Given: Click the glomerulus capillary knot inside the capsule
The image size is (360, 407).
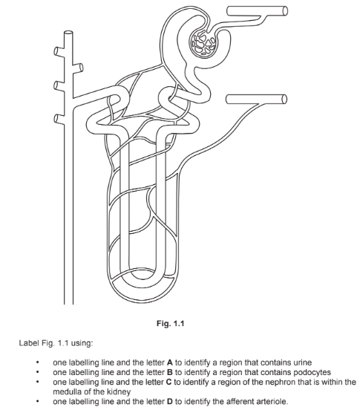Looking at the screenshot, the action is [x=203, y=44].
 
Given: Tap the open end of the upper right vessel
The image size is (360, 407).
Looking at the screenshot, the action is [x=285, y=11].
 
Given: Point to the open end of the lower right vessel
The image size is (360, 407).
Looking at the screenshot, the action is [x=284, y=100].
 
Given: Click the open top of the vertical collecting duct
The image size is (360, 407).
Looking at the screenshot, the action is [x=68, y=33].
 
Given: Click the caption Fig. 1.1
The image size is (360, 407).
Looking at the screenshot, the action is [x=171, y=323].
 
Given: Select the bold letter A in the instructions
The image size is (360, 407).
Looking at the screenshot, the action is [x=170, y=362].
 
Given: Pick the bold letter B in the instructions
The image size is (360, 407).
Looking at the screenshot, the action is [x=170, y=372].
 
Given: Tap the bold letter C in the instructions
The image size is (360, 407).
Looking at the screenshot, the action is [x=169, y=382].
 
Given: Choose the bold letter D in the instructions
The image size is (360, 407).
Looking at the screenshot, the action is [x=170, y=401].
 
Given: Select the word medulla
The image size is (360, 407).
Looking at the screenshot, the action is [x=67, y=391].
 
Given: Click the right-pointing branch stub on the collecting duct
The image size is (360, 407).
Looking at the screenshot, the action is [x=78, y=68].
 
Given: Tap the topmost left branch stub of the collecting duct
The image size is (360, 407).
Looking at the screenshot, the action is [x=59, y=51].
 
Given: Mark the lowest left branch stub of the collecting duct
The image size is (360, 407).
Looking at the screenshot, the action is [x=59, y=119].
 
